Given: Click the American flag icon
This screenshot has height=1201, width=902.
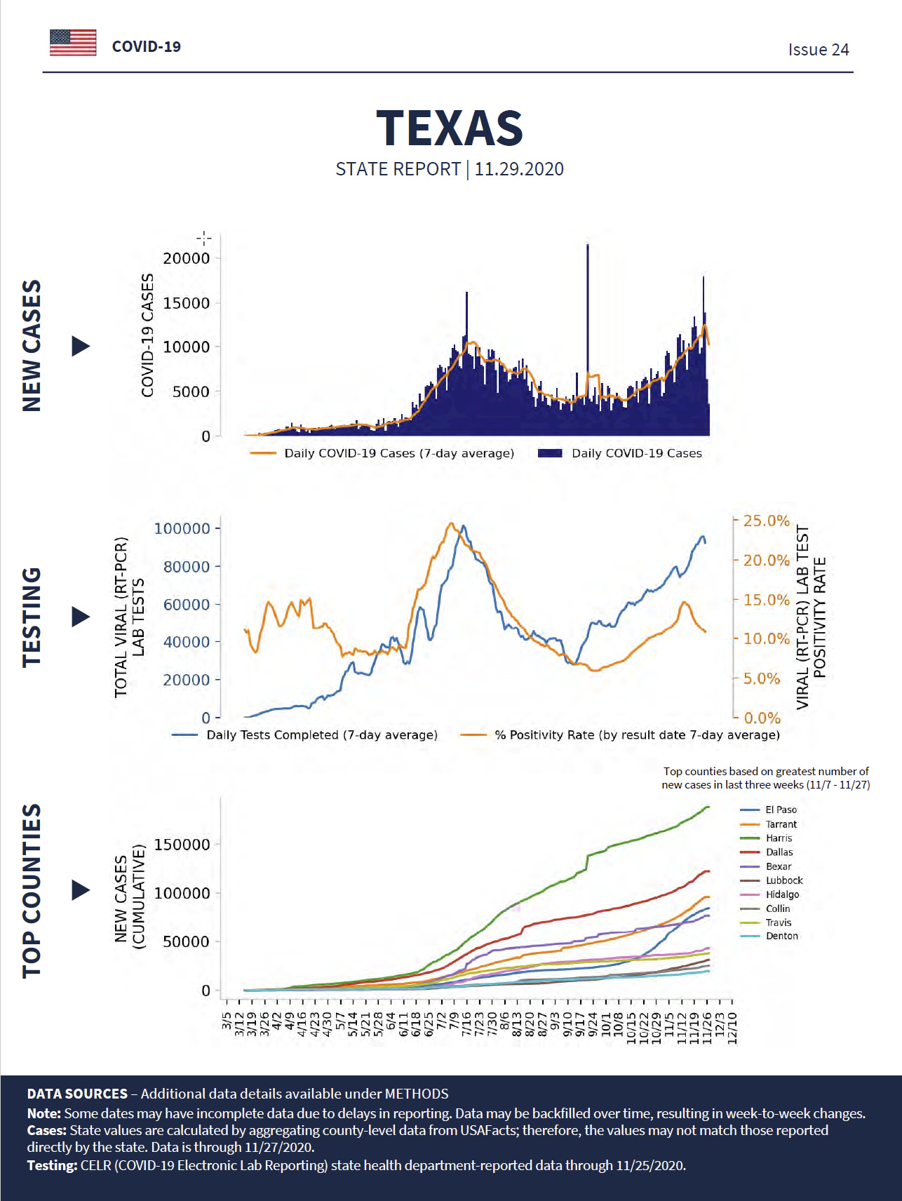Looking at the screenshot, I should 73,43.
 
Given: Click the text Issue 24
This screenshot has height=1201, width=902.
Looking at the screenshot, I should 818,50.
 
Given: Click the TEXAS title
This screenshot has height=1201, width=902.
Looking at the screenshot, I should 450,128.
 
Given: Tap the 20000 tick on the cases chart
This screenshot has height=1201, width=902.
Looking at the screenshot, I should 187,258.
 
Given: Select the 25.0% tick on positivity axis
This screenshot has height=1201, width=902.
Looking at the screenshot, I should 766,521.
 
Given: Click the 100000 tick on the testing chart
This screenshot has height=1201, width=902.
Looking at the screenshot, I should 182,528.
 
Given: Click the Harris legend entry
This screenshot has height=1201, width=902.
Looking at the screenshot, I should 779,838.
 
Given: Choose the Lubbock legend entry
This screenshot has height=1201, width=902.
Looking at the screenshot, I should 784,880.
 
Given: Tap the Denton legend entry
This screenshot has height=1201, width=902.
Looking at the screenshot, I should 781,936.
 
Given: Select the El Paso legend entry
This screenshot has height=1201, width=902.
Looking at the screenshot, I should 781,810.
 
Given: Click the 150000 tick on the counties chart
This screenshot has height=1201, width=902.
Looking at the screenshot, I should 182,845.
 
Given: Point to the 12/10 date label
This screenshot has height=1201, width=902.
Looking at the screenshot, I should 732,1028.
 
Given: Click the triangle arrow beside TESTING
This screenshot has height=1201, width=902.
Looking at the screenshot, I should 81,617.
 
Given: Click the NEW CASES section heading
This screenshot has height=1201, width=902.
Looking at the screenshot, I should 32,345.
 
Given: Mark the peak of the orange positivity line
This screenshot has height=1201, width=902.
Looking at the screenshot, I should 451,523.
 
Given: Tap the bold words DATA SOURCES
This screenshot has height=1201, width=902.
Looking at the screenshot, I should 77,1094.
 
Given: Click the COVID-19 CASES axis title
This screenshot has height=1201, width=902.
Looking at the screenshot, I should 147,335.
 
